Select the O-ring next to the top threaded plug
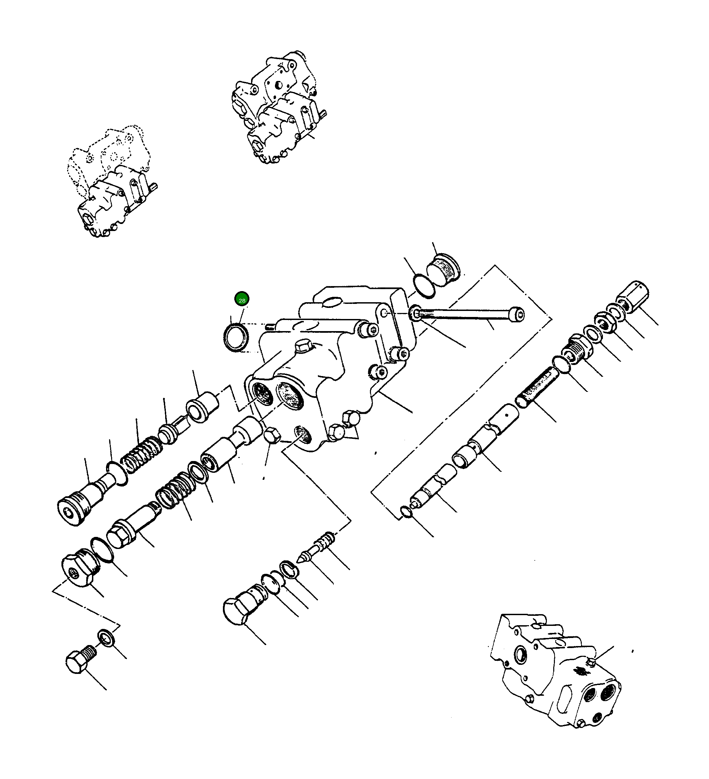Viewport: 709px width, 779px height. coord(424,285)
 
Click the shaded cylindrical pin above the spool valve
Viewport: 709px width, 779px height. coord(537,387)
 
